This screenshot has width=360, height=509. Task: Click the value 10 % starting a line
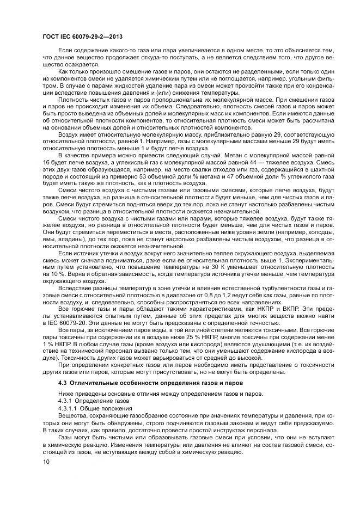[51, 275]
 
